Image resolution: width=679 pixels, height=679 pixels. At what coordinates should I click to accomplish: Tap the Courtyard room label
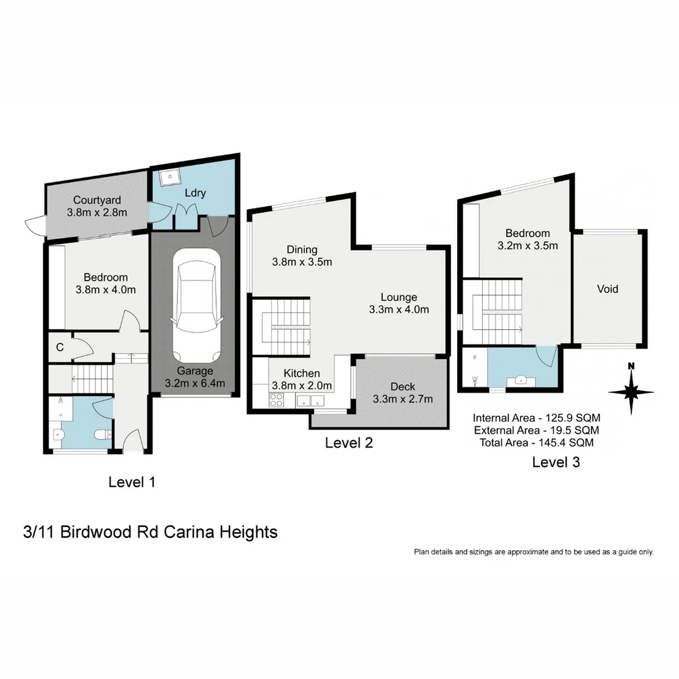(97, 201)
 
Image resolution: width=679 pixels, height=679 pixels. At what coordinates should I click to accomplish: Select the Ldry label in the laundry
(195, 193)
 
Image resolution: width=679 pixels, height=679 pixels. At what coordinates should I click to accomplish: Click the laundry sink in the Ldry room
(169, 178)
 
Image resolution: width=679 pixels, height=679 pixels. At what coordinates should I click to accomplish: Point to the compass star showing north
(631, 391)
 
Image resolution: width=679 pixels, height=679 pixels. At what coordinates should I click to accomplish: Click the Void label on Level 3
(607, 289)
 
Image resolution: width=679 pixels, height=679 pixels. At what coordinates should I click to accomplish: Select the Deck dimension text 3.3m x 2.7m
(402, 399)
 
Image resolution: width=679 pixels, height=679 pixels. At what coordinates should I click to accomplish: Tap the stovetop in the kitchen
(277, 399)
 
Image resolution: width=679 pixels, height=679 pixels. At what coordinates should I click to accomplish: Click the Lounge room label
(399, 297)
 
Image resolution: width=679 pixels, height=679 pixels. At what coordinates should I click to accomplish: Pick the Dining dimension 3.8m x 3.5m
(302, 262)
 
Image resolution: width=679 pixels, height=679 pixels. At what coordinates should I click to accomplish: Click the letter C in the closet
(60, 347)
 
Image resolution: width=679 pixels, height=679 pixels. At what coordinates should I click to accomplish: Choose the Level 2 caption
(349, 443)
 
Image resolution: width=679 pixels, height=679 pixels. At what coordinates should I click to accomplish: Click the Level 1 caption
(131, 482)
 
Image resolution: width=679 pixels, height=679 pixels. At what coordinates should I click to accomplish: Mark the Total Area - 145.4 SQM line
(535, 443)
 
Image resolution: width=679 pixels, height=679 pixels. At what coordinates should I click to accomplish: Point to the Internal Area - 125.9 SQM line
(536, 418)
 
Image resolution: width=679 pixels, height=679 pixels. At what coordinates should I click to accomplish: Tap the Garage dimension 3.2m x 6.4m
(194, 383)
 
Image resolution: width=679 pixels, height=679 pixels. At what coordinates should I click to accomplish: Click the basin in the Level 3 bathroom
(521, 380)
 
